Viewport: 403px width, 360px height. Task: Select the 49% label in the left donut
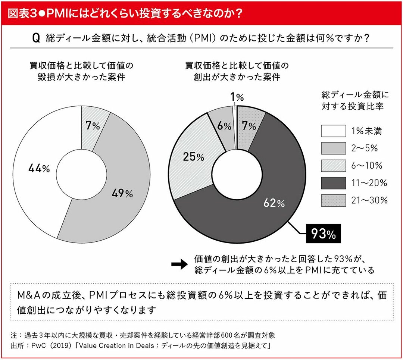click(122, 194)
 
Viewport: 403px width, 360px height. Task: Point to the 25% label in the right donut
click(194, 157)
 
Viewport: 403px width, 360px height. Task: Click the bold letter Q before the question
click(36, 38)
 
